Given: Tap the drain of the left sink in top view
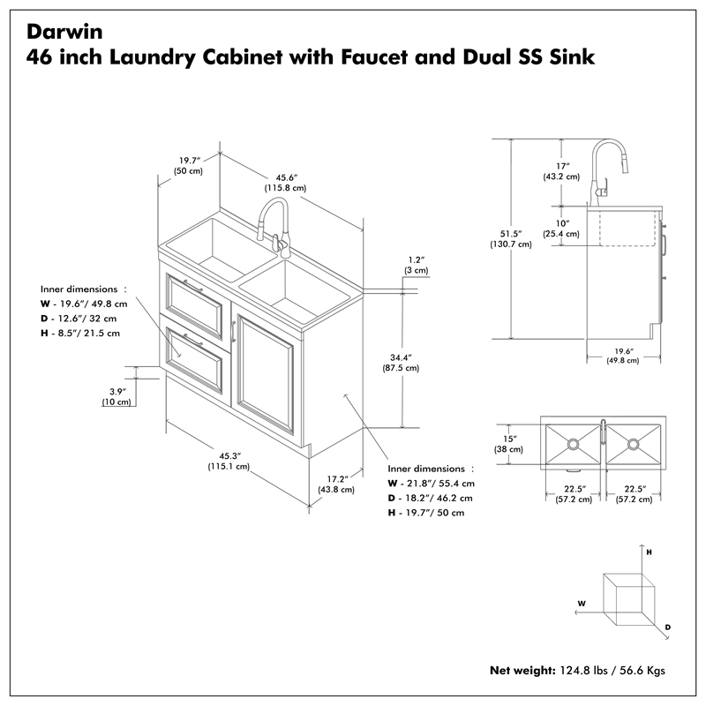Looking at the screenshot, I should tap(572, 442).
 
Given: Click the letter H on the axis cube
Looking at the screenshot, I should tap(648, 552).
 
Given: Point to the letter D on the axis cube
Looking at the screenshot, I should tap(667, 627).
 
